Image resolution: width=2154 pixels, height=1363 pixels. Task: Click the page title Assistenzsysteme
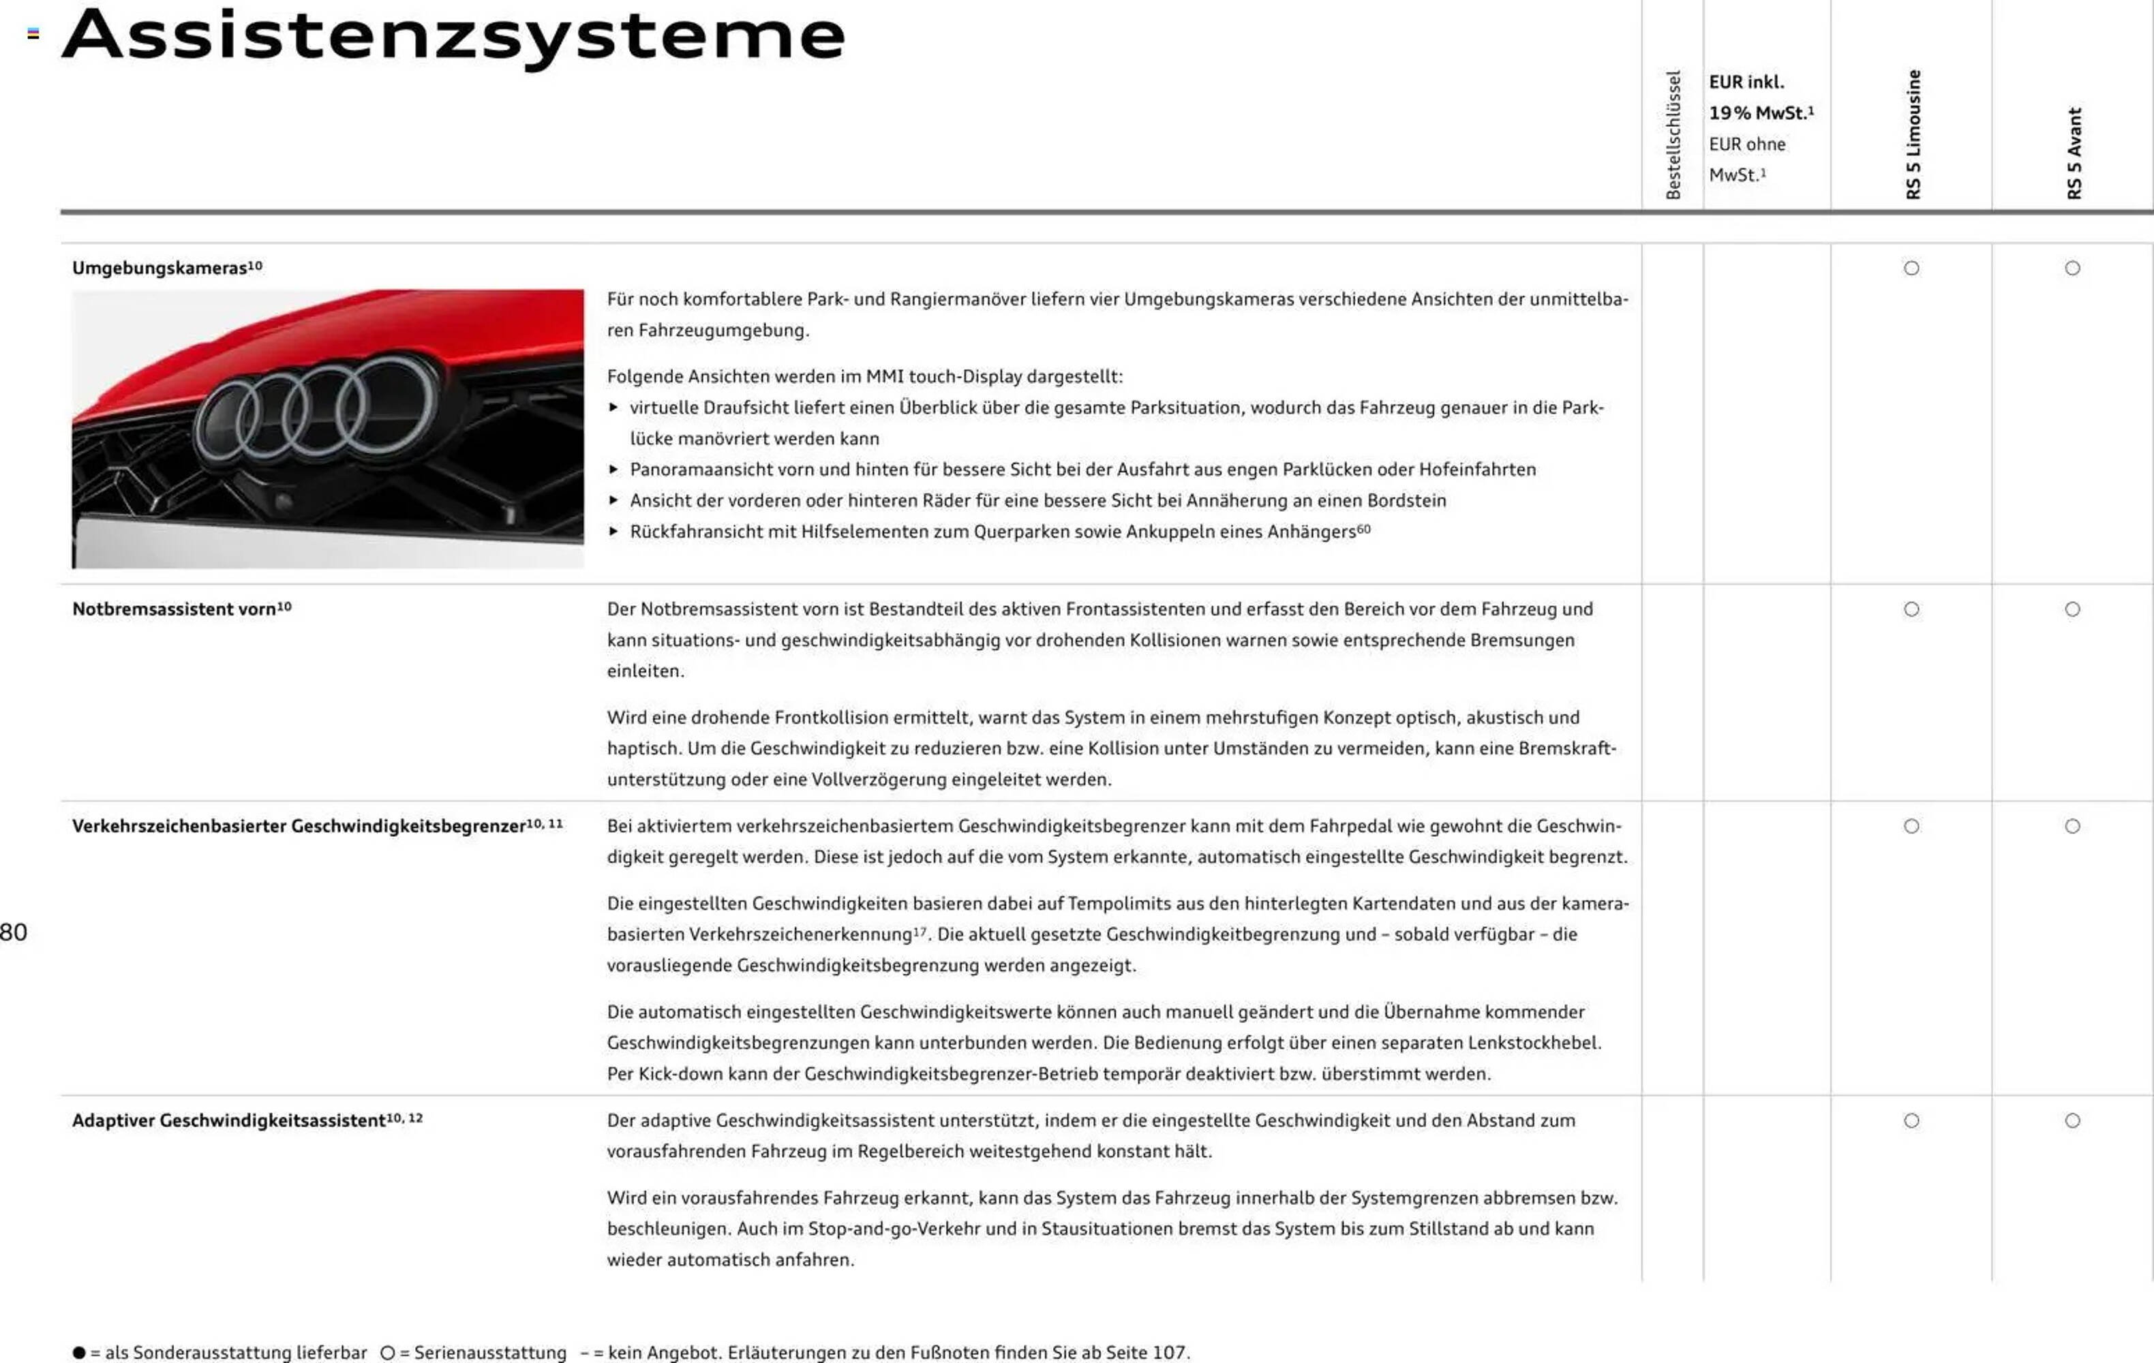tap(453, 35)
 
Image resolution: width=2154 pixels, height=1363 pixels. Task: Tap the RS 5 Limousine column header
tap(1913, 134)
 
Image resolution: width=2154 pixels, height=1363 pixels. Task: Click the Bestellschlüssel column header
tap(1673, 134)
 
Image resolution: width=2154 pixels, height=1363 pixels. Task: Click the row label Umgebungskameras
tap(160, 269)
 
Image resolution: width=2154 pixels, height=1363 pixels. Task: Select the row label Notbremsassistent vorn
tap(175, 609)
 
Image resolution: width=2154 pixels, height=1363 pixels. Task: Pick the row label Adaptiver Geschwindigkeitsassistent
tap(229, 1120)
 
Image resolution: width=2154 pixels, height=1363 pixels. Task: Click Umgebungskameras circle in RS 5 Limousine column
tap(1911, 269)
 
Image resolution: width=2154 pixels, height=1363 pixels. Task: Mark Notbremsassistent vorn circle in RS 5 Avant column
tap(2073, 609)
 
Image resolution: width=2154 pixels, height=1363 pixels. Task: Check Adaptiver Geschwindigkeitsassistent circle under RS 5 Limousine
tap(1911, 1120)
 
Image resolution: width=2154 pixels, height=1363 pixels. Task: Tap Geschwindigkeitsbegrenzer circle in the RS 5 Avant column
tap(2073, 827)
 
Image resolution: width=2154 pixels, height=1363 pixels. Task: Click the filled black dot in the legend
tap(78, 1352)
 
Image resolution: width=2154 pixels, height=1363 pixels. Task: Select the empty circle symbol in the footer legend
tap(387, 1352)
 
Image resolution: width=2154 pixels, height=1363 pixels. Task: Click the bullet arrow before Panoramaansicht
tap(613, 470)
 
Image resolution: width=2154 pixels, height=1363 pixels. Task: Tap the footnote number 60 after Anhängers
tap(1364, 529)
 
